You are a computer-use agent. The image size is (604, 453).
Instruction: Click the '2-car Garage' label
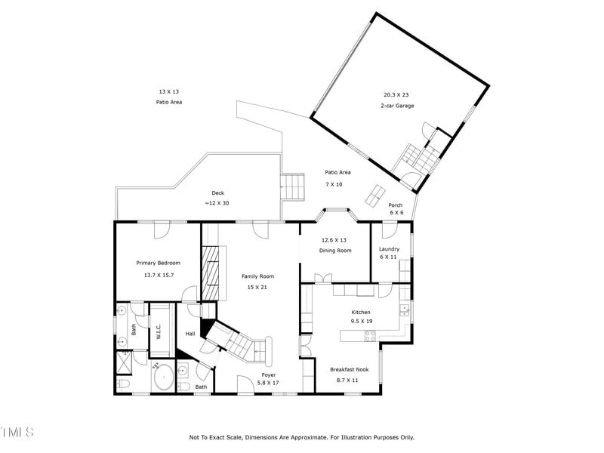point(396,106)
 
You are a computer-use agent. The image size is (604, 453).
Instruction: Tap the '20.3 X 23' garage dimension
point(396,94)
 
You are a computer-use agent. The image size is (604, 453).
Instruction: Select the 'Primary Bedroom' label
point(158,263)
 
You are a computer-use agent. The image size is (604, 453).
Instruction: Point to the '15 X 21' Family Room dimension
point(257,287)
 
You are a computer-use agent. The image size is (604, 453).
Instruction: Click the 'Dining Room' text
point(335,251)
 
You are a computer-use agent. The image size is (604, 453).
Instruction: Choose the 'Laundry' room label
point(389,248)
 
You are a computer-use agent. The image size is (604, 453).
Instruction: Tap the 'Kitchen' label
point(361,312)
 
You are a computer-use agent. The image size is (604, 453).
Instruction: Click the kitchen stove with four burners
point(370,336)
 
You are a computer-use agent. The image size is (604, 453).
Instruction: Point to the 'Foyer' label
point(268,374)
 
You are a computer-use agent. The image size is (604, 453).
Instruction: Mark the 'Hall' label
point(190,334)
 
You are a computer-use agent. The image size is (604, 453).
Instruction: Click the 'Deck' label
point(217,193)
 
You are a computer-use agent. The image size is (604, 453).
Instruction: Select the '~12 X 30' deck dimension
point(217,203)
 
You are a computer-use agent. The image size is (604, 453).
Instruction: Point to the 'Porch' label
point(396,205)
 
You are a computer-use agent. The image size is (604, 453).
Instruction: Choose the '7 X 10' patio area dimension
point(334,184)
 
